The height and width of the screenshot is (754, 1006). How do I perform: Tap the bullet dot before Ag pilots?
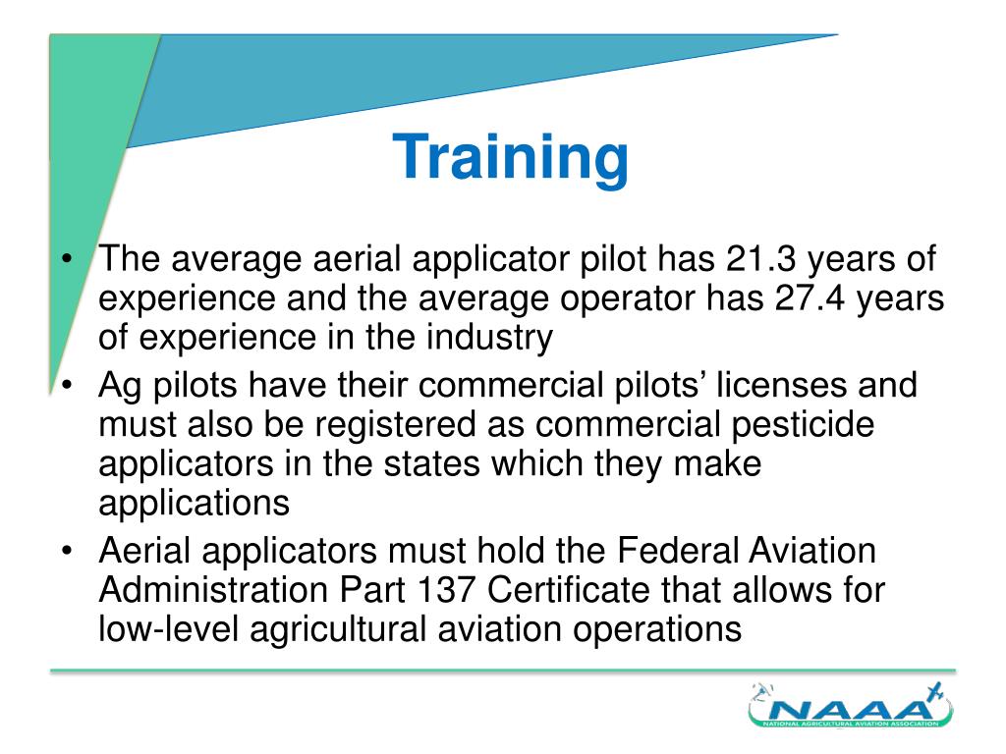point(65,385)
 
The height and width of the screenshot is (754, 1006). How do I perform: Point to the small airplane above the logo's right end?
point(933,692)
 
